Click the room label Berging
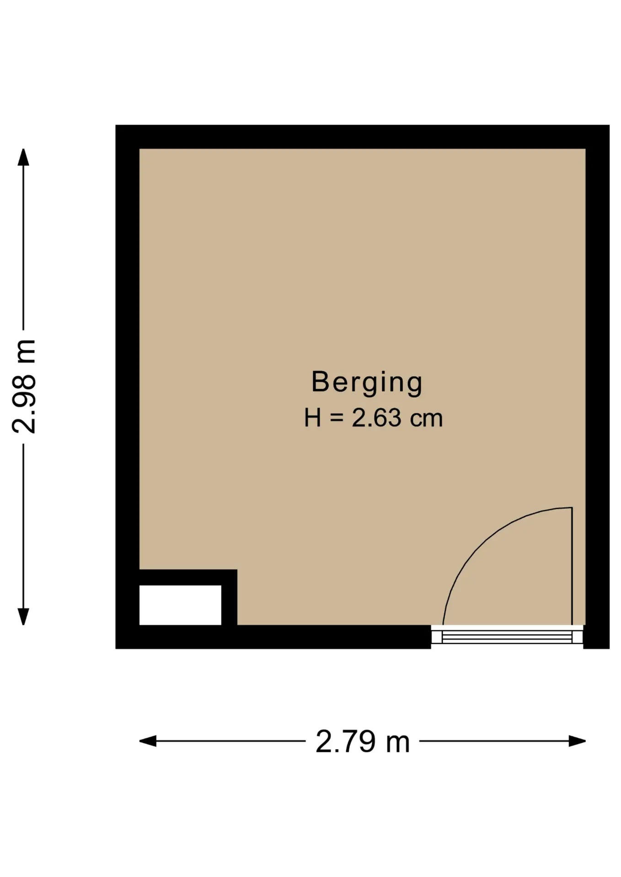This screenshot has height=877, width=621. coord(367,382)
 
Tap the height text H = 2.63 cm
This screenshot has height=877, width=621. coord(374,418)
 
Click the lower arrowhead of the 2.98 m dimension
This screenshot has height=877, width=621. coord(23,617)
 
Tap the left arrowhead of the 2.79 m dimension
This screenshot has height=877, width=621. coord(148,741)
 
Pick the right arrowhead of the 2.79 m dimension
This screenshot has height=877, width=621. coord(577,741)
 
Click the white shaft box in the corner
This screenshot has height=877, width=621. coord(180,605)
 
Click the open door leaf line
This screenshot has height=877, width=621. coord(572,566)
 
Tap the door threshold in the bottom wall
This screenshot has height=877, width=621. coord(507,636)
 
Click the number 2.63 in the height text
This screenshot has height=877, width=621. coord(376,418)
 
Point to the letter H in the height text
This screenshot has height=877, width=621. coord(313,418)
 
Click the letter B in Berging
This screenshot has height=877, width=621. coord(320,381)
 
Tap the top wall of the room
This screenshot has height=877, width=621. coord(362,137)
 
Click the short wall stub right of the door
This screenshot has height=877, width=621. coord(596,637)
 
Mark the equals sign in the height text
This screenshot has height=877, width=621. coord(336,418)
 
